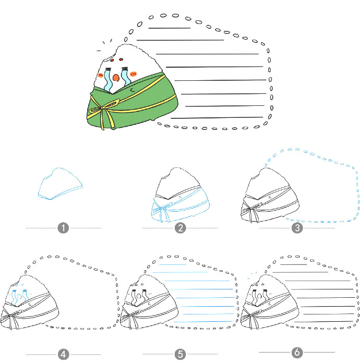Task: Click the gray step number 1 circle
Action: (63, 228)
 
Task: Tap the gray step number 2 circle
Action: (181, 228)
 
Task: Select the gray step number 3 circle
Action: (297, 228)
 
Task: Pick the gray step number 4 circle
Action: (63, 354)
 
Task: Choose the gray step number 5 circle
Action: (181, 354)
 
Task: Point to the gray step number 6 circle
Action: (297, 352)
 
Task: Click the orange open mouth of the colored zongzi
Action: (116, 78)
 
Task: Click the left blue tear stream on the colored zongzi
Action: (108, 80)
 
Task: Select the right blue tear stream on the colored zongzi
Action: (125, 77)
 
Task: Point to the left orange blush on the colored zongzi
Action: (101, 75)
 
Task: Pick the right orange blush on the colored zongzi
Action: (134, 74)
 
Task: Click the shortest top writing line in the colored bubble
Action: (170, 28)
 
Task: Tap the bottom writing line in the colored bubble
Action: (217, 118)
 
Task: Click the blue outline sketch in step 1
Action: (61, 184)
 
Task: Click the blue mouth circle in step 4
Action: (19, 296)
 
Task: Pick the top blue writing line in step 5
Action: (173, 264)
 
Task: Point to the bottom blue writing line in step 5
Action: (203, 322)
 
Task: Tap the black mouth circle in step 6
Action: (259, 296)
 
